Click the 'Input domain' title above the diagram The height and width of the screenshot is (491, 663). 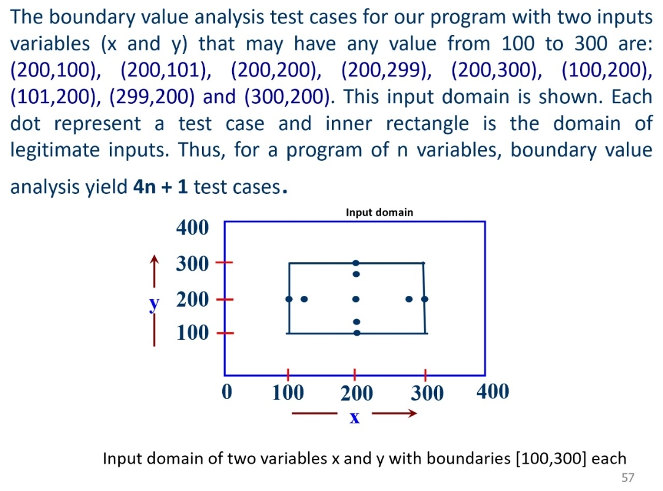pos(379,212)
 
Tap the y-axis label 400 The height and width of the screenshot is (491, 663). pos(193,228)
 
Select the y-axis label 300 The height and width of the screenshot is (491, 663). pos(193,265)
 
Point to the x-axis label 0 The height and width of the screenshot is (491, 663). pos(227,392)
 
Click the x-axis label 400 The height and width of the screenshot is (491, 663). pos(492,391)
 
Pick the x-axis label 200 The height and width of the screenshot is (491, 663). pos(357,392)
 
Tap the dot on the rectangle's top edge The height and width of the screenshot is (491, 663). pos(355,263)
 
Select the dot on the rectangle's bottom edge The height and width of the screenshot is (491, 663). pos(357,333)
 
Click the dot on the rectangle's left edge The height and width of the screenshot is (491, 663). pos(289,299)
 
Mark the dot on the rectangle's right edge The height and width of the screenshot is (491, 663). pos(425,300)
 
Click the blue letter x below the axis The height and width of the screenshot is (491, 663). pos(354,418)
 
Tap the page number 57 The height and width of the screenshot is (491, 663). pos(627,477)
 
